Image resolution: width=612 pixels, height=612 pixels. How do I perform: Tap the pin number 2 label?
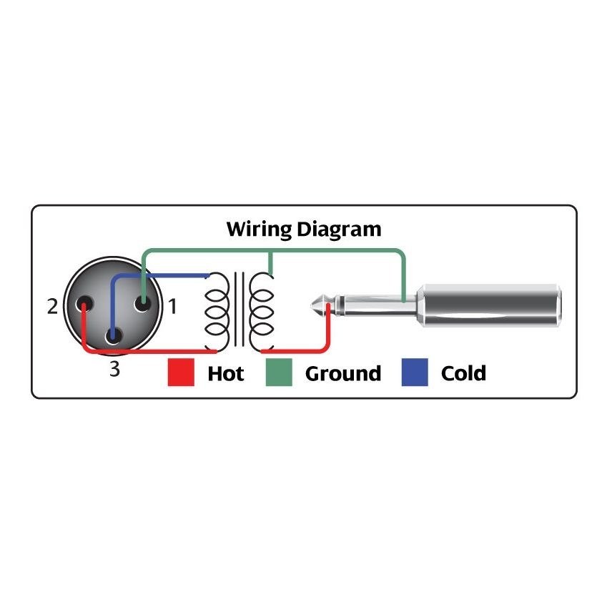coord(52,307)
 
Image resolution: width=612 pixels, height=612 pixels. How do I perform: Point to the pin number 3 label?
coord(114,370)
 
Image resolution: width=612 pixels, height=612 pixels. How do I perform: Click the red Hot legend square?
coord(181,373)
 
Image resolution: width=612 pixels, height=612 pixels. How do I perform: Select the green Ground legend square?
coord(279,373)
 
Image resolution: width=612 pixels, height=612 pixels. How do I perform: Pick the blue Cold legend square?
coord(415,373)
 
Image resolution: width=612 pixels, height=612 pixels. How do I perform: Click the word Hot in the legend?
coord(225,373)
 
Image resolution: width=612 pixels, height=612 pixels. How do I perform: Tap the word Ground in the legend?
coord(342,373)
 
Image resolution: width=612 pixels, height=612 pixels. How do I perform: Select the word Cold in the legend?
coord(463,373)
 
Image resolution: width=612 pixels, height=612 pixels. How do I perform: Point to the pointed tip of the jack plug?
coord(315,307)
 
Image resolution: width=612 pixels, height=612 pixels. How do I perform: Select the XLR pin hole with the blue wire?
coord(112,335)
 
